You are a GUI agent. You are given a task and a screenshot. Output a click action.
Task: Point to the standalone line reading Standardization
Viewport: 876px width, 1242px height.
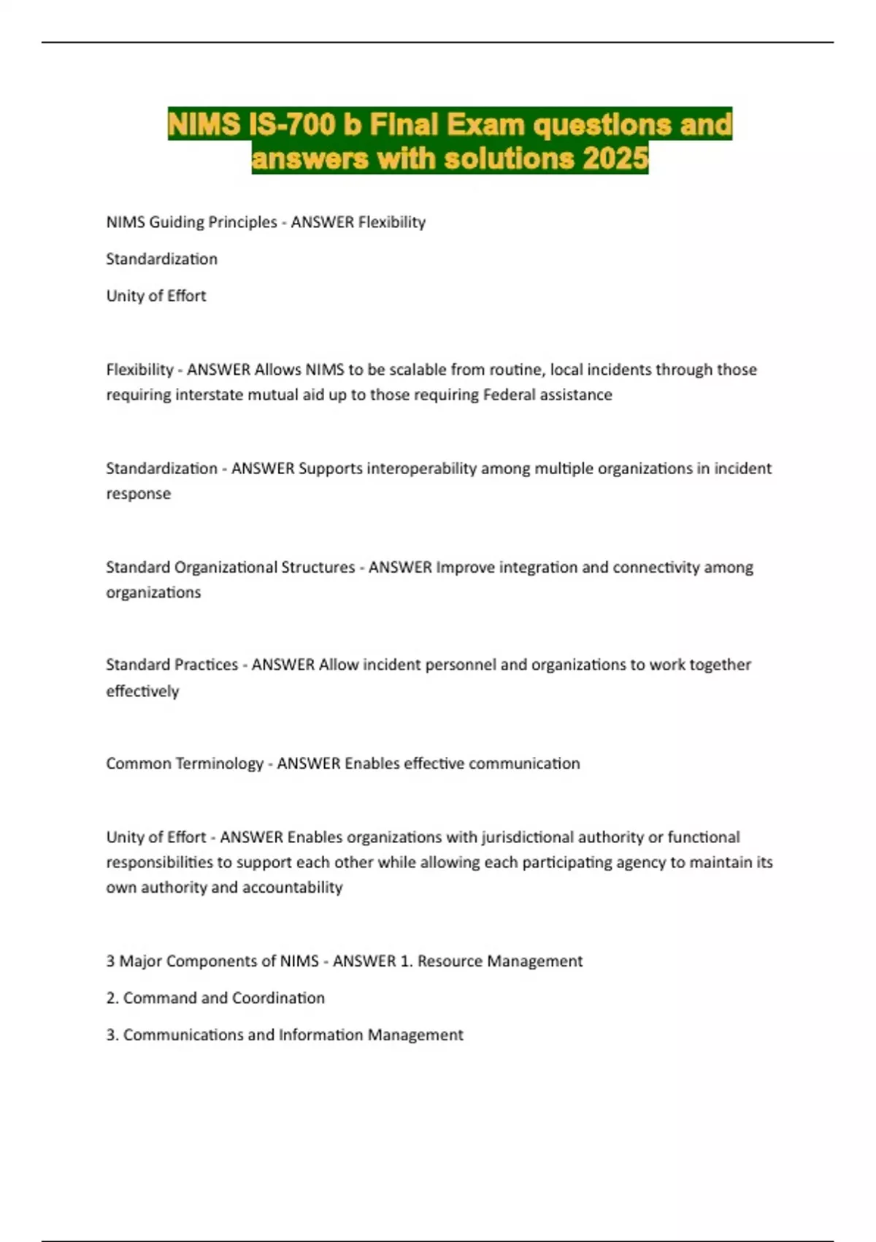tap(161, 259)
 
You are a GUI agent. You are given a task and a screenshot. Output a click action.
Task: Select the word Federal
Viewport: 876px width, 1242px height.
tap(508, 395)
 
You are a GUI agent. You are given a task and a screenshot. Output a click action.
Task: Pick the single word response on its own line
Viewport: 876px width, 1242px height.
tap(138, 494)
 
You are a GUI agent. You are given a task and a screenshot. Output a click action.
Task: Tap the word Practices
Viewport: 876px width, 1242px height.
tap(204, 665)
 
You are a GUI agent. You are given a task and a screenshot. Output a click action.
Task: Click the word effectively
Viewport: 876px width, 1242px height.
tap(142, 691)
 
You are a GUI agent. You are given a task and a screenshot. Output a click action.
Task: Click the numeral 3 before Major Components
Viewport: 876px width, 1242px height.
tap(110, 961)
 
